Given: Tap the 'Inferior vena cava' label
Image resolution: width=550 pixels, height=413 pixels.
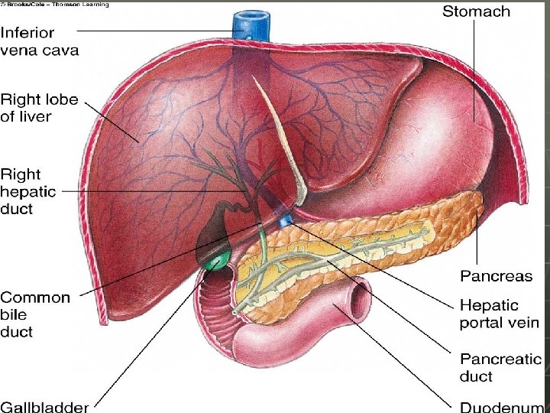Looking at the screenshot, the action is [39, 42].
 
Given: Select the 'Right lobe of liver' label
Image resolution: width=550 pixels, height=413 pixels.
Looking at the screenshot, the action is [37, 108].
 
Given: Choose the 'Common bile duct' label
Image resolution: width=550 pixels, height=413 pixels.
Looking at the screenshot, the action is [35, 314].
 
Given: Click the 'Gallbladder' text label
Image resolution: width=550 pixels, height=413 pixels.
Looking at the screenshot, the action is [44, 406].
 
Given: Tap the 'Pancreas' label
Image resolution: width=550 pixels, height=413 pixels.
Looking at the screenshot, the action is [496, 275].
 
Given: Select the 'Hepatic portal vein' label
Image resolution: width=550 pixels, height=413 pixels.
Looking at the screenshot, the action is [500, 314].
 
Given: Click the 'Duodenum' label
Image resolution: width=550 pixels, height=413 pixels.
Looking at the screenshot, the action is [501, 406].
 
